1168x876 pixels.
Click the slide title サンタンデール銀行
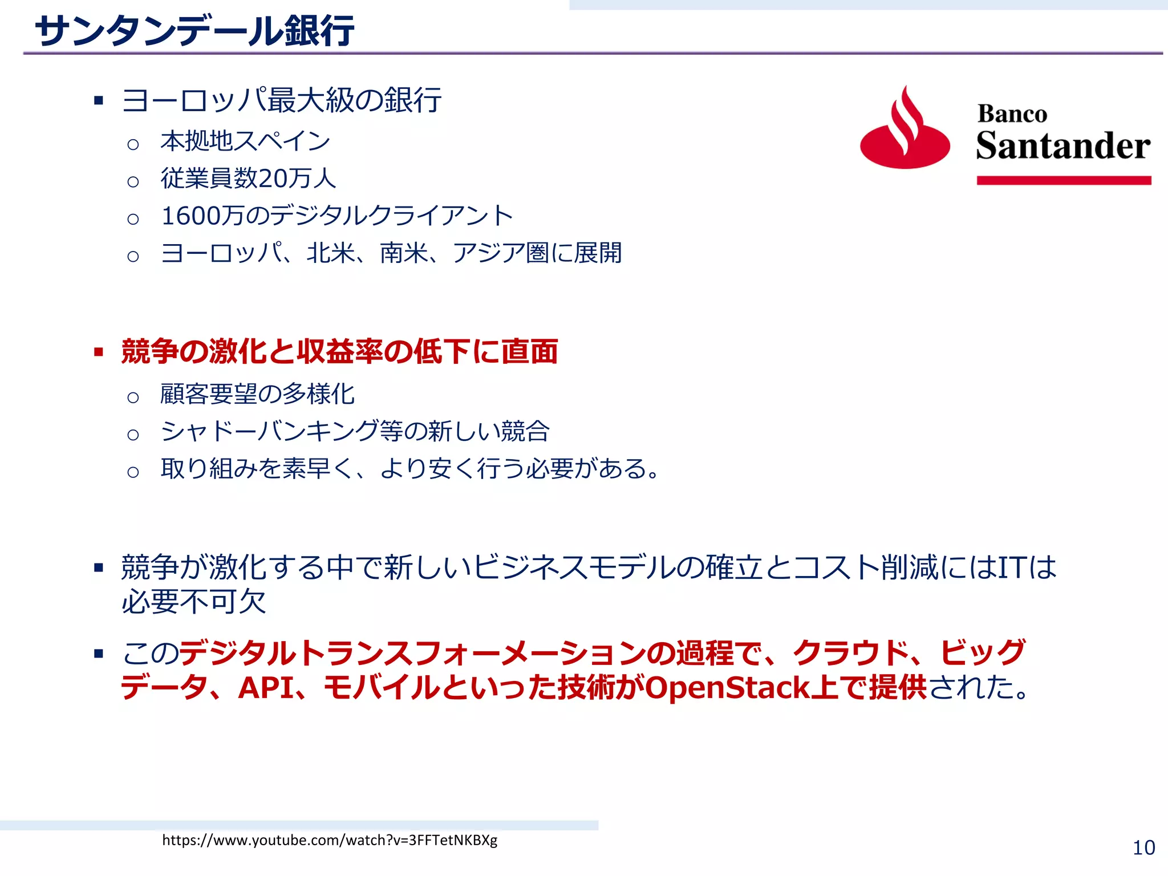194,31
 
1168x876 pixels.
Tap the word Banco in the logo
1012,114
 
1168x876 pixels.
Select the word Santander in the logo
1063,146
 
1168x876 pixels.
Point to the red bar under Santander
1064,181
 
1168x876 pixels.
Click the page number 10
1143,848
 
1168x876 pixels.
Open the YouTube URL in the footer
330,840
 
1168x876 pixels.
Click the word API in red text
265,688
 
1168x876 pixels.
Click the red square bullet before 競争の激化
99,352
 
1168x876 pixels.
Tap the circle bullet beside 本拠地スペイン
133,144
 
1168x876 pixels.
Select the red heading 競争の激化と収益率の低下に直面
339,351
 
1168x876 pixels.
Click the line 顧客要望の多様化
257,394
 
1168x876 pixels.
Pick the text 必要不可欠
194,602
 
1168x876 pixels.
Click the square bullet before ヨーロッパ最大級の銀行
99,101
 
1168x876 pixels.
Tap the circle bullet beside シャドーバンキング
133,435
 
